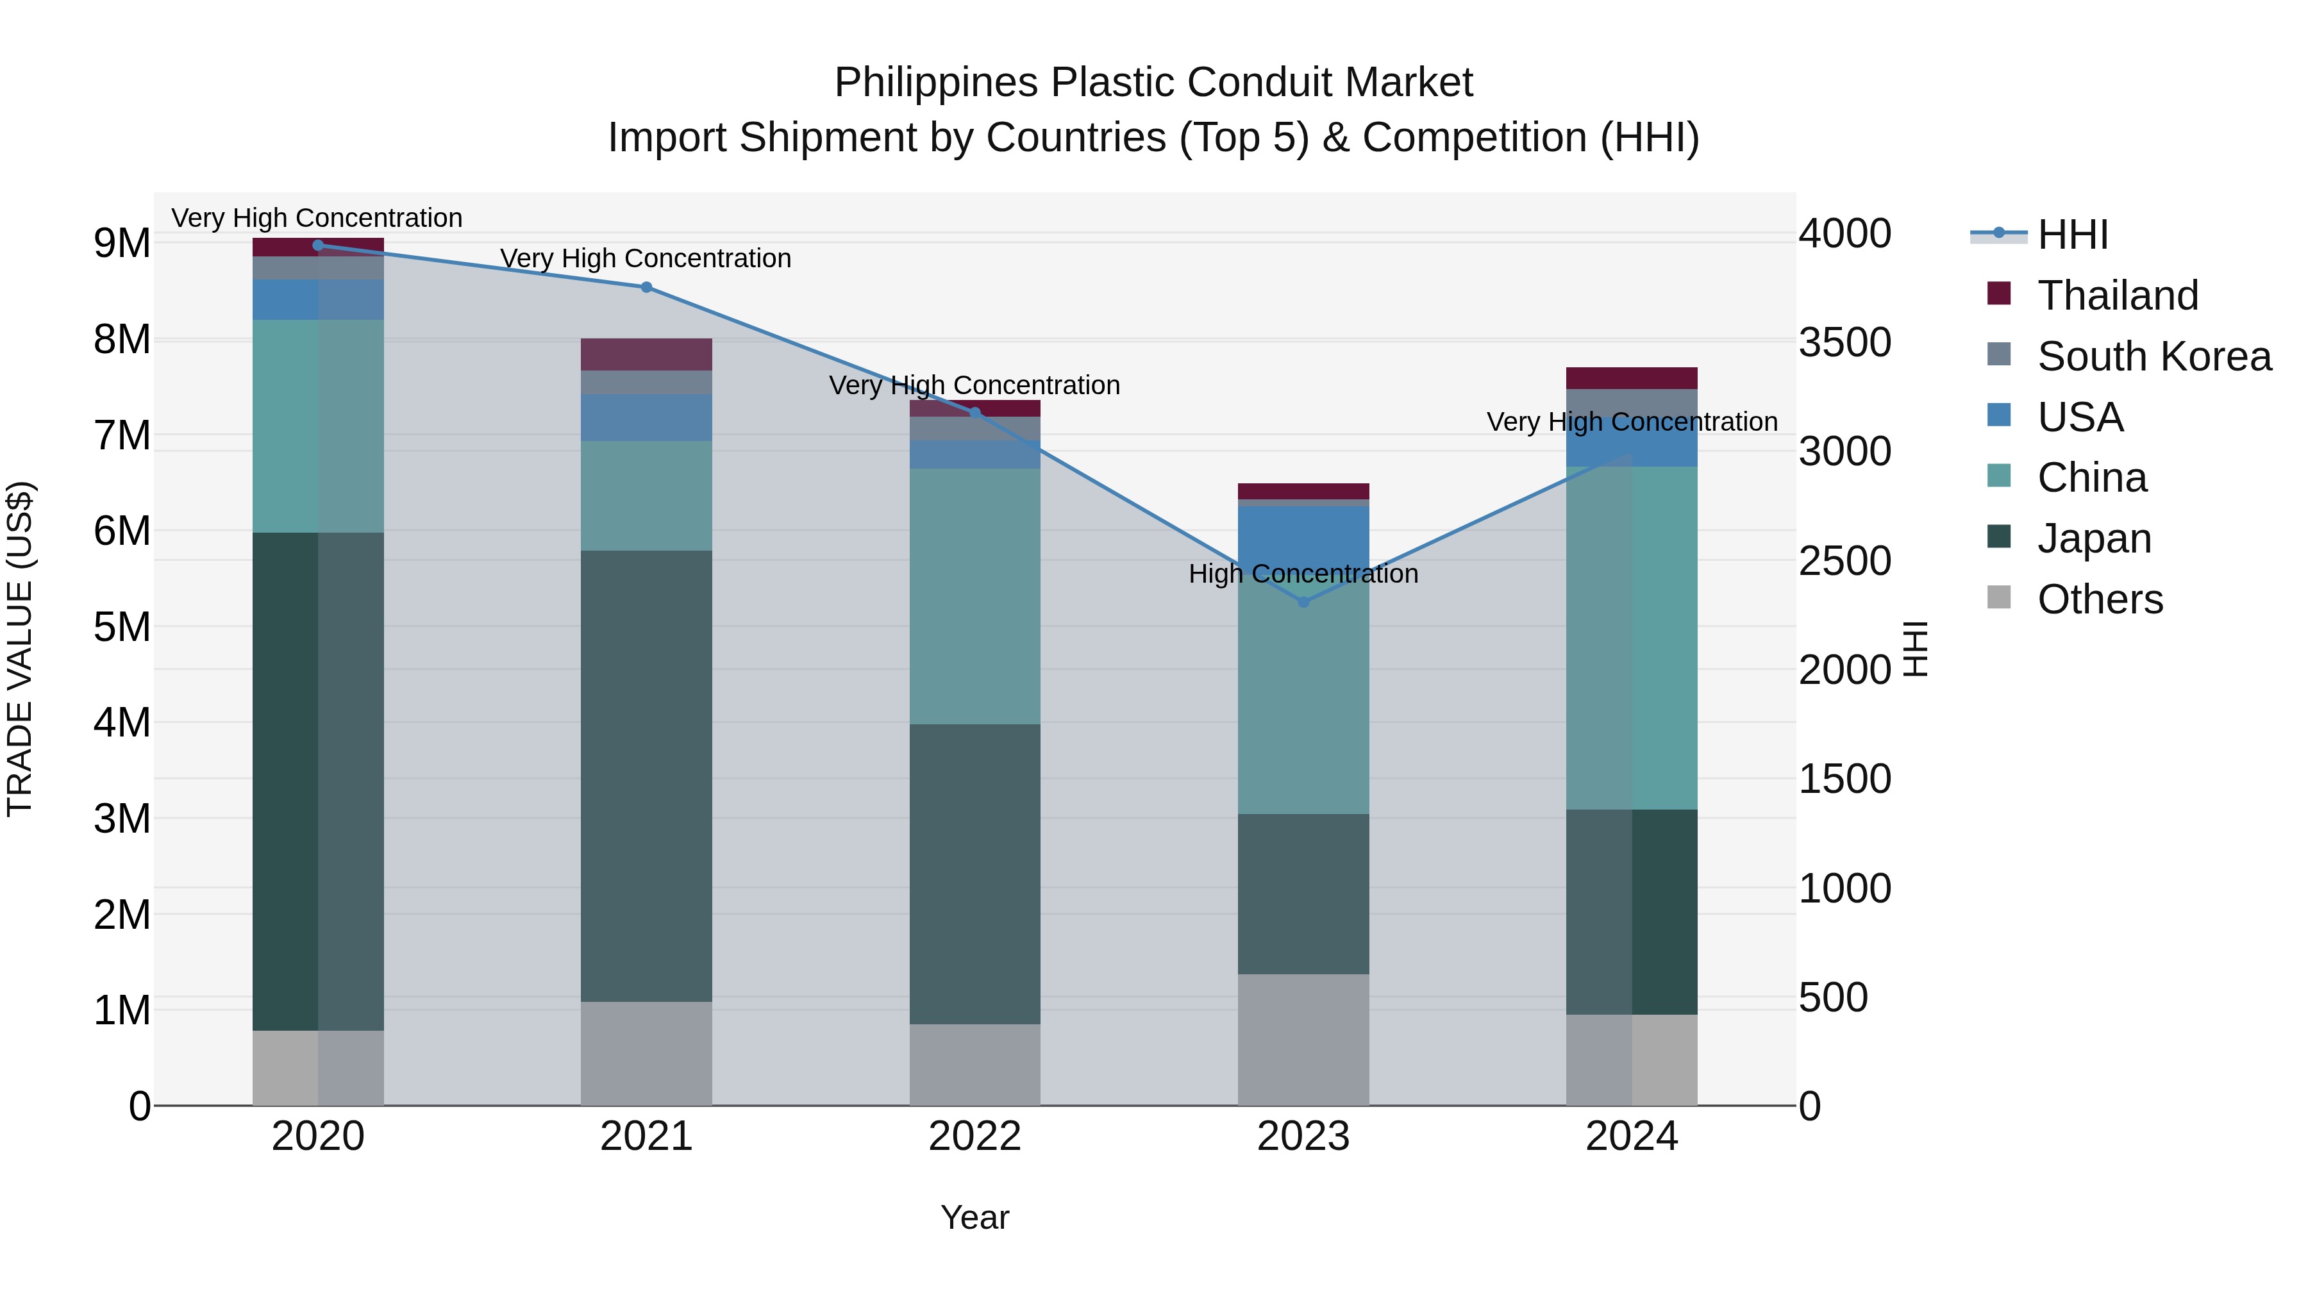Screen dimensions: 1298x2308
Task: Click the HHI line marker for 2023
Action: (1303, 602)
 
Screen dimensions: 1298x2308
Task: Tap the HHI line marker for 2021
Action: (646, 288)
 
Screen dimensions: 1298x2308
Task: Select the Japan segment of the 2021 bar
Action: (646, 776)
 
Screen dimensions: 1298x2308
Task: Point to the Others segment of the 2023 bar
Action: (1303, 1039)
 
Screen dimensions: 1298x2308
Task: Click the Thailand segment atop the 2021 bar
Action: (646, 354)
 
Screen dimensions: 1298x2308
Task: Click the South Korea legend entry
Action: (2154, 356)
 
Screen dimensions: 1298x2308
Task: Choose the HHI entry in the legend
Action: (2072, 235)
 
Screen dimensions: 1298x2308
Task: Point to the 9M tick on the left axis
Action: (122, 244)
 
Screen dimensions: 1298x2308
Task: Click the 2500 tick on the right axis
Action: (1844, 562)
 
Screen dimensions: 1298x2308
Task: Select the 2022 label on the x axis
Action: (974, 1136)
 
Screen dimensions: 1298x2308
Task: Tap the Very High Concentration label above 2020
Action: (317, 218)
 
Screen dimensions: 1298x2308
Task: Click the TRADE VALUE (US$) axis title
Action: (20, 649)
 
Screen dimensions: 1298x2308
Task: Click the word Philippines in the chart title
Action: (935, 83)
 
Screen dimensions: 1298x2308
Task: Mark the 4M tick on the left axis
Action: (122, 722)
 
